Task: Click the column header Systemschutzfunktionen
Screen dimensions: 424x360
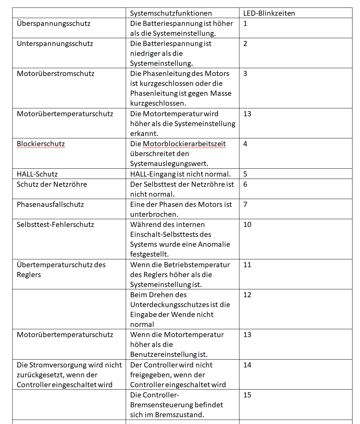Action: tap(171, 13)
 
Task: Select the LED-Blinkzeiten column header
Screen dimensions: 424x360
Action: tap(269, 13)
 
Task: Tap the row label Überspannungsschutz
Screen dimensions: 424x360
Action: tap(53, 24)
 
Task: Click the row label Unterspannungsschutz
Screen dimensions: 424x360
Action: tap(55, 44)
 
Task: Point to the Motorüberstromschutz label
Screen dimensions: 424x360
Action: tap(56, 74)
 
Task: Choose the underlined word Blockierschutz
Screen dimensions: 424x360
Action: tap(41, 144)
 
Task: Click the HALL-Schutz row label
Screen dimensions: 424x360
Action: tap(37, 174)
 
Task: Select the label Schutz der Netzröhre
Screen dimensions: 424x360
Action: tap(52, 184)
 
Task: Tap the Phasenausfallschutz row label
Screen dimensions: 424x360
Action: tap(50, 205)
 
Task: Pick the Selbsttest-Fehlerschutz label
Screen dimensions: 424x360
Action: tap(55, 225)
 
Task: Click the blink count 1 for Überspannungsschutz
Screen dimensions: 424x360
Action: tap(245, 24)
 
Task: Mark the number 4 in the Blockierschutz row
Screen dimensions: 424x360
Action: tap(245, 144)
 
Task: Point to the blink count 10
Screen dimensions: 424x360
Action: tap(247, 225)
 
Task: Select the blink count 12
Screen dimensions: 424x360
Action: tap(247, 295)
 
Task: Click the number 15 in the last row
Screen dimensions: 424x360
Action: tap(247, 395)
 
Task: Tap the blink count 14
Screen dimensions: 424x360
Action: tap(247, 365)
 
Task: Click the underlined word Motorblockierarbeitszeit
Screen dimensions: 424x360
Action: tap(184, 144)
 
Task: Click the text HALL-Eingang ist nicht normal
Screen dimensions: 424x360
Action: tap(180, 174)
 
